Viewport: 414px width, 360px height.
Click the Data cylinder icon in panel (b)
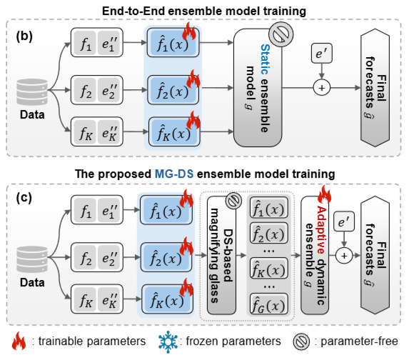click(32, 92)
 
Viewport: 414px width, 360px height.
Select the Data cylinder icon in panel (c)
click(32, 259)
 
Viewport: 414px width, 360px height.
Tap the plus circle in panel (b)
click(322, 87)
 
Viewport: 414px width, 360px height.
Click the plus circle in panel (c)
click(344, 256)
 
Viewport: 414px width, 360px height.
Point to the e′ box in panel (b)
click(322, 54)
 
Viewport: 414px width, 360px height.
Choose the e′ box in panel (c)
click(344, 221)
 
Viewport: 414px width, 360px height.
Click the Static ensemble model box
click(258, 88)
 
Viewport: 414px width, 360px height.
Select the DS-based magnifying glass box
click(221, 255)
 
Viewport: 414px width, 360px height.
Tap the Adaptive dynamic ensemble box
click(315, 255)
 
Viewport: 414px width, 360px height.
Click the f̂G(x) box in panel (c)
click(269, 305)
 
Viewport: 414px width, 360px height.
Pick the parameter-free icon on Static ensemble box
click(281, 34)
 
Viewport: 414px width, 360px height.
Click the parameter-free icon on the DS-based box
click(233, 201)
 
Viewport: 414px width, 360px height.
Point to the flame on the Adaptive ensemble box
click(324, 194)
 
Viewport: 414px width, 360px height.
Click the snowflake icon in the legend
click(168, 341)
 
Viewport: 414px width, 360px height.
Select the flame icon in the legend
click(19, 341)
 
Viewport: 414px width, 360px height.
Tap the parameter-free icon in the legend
click(301, 341)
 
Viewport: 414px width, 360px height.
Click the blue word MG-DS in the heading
click(174, 174)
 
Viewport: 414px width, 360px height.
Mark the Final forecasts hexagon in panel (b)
click(375, 88)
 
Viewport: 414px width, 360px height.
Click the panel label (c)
click(24, 198)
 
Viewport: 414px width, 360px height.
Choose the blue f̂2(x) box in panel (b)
click(173, 90)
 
